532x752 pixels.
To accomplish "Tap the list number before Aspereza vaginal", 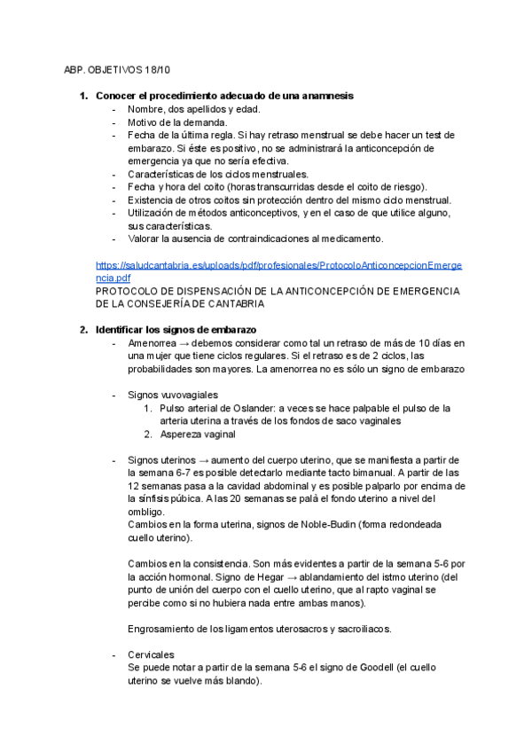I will point(149,435).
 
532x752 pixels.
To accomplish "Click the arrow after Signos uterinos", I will point(203,460).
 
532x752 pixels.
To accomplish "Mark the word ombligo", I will point(145,513).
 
